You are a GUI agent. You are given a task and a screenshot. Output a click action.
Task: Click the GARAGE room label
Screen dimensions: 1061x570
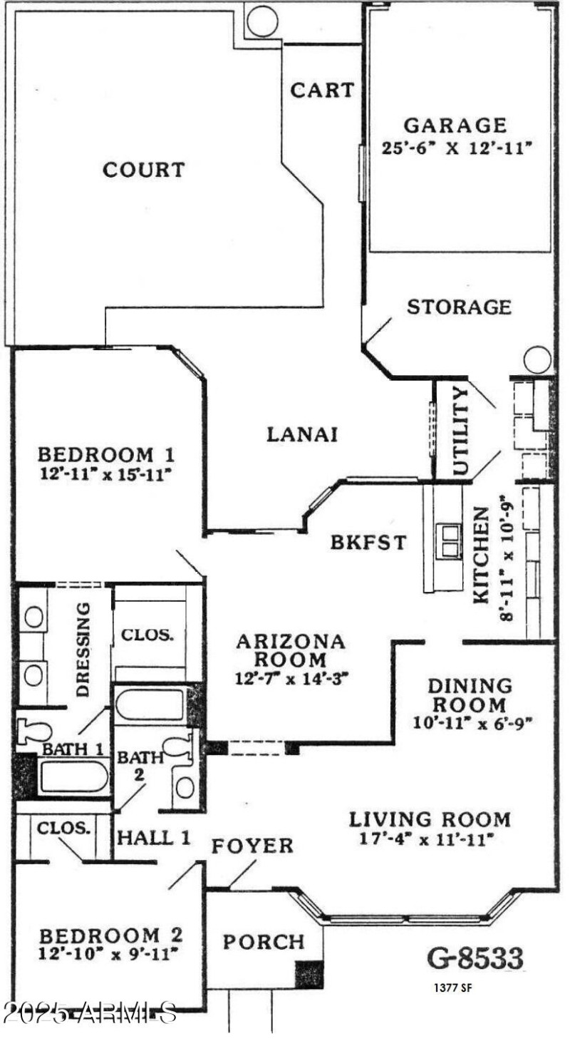(455, 125)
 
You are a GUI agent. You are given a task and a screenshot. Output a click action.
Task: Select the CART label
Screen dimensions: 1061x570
(322, 91)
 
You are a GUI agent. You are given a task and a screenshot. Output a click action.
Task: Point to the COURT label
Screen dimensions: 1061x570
(144, 170)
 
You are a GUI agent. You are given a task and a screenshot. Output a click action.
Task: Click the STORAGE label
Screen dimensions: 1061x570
(459, 307)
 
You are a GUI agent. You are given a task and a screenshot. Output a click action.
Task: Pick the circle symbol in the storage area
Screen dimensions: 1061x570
(537, 359)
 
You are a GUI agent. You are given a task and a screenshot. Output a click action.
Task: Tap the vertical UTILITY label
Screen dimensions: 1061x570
(461, 431)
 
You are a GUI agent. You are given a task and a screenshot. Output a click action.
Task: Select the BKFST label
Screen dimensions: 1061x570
(368, 542)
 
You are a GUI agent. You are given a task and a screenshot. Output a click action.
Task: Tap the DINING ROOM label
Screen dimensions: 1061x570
(470, 695)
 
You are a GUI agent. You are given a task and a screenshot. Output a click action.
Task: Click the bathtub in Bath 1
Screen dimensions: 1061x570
(73, 776)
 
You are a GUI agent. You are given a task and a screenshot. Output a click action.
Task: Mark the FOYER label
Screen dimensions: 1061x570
(252, 846)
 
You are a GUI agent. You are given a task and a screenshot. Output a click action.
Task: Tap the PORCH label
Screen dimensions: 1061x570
(264, 942)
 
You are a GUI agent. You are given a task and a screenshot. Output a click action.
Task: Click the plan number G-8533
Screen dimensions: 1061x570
(475, 958)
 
